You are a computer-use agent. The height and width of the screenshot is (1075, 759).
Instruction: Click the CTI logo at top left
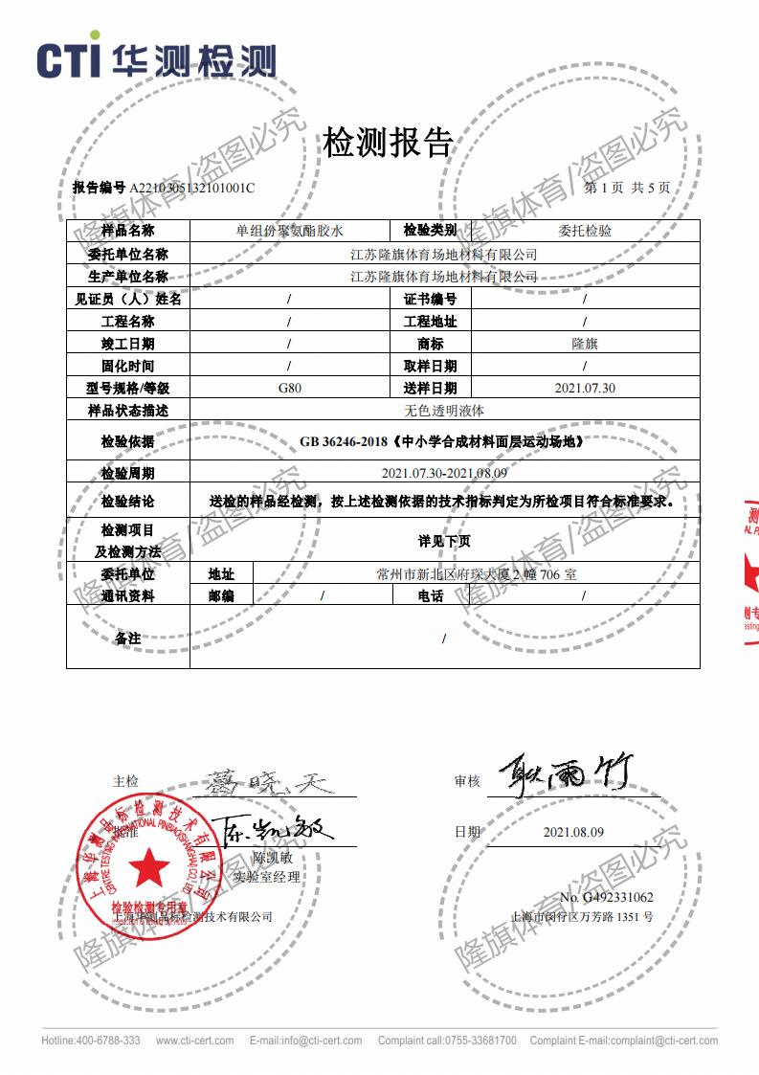point(156,58)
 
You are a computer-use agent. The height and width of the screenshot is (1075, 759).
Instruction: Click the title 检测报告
point(388,144)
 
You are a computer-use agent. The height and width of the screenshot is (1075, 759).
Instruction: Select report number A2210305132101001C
point(192,188)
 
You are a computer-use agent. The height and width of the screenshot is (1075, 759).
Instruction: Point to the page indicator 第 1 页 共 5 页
point(627,188)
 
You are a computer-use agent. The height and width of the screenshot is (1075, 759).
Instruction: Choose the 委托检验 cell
point(585,231)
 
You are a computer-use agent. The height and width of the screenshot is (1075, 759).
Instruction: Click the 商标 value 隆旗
point(585,343)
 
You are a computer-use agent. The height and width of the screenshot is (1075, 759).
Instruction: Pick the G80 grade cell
point(289,388)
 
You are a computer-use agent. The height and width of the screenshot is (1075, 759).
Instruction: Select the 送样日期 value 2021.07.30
point(585,388)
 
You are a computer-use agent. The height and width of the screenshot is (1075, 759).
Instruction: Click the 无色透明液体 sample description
point(445,410)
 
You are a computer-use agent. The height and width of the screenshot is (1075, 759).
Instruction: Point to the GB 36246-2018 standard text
point(441,442)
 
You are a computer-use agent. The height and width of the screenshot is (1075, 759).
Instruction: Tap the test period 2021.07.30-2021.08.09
point(444,473)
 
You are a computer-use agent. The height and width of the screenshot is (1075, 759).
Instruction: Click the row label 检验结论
point(127,501)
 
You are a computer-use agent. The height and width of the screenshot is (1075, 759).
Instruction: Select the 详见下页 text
point(444,541)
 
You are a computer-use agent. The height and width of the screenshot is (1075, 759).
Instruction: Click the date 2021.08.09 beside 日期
point(573,832)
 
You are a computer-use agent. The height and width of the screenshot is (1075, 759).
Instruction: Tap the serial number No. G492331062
point(606,897)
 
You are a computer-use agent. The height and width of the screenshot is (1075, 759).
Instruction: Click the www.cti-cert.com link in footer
point(194,1041)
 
